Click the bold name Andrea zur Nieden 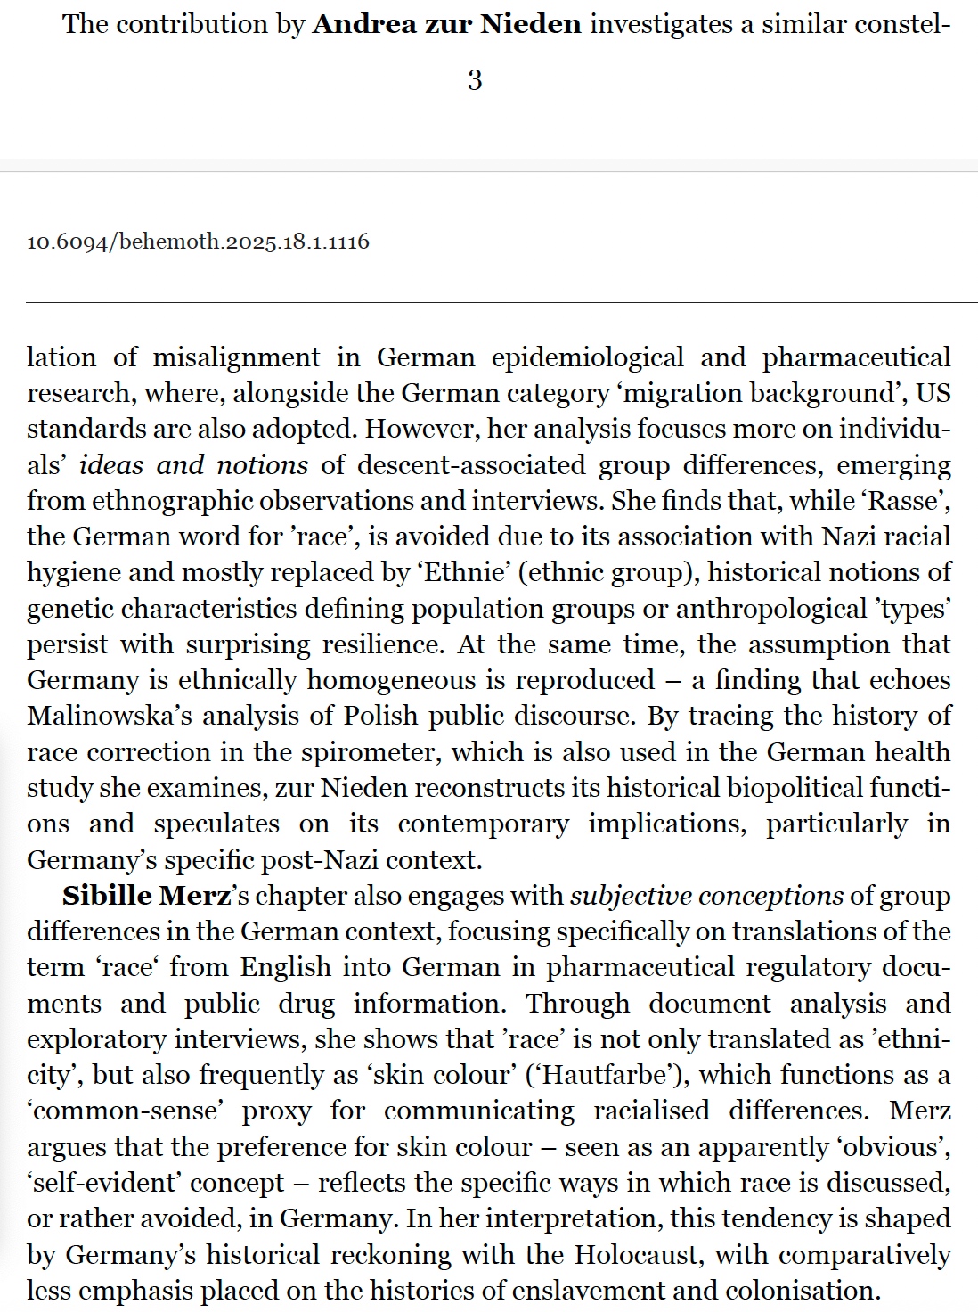click(x=446, y=24)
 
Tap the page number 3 click(x=475, y=80)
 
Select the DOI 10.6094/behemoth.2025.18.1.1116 click(x=198, y=242)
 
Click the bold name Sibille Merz click(x=146, y=895)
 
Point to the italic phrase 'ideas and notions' click(x=193, y=464)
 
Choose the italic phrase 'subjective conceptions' click(x=706, y=895)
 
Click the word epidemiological click(x=587, y=357)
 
